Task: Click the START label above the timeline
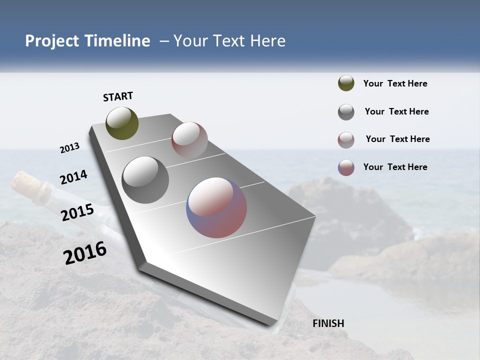click(118, 96)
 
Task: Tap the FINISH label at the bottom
click(328, 323)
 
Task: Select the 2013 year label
click(70, 148)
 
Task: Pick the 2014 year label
click(73, 177)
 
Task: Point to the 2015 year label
click(77, 212)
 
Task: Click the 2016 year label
click(85, 253)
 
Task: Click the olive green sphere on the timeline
click(122, 123)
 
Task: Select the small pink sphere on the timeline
click(189, 140)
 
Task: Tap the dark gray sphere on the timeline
click(145, 180)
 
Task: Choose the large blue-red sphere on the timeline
click(216, 207)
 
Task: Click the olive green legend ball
click(346, 83)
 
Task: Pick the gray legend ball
click(346, 112)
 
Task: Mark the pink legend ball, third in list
click(346, 140)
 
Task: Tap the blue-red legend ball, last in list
click(346, 167)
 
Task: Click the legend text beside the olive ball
click(395, 83)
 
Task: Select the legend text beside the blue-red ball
click(395, 167)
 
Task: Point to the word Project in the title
click(51, 41)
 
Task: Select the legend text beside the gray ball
click(396, 111)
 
